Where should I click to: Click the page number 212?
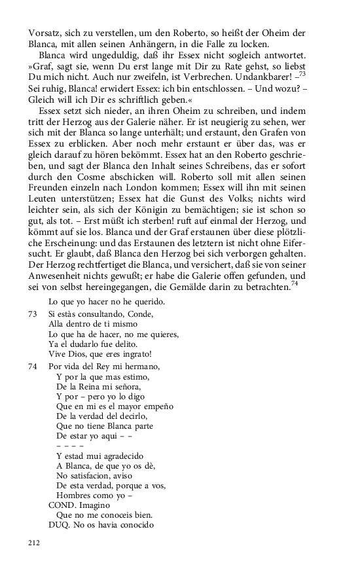[33, 543]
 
